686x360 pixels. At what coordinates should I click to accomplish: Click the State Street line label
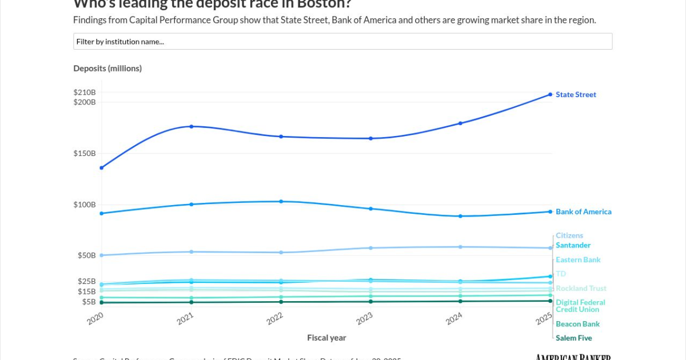point(576,95)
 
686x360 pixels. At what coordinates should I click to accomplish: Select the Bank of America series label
point(583,212)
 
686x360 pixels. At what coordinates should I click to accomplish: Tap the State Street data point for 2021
point(192,126)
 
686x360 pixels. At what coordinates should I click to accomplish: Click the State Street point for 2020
point(102,168)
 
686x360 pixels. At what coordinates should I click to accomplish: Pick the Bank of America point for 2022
point(281,202)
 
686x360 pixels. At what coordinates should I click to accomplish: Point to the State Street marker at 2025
point(550,94)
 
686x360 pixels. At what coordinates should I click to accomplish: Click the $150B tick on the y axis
point(85,154)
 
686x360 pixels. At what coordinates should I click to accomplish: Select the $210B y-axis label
point(85,93)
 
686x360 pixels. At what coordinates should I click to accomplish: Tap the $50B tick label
point(87,255)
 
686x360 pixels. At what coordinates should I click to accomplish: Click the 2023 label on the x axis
point(364,318)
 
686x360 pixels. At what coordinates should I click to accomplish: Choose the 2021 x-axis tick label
point(185,318)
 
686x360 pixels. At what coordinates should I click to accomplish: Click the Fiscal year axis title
point(326,338)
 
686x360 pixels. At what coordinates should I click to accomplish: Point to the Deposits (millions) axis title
point(107,69)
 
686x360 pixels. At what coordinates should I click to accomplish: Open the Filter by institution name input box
point(342,41)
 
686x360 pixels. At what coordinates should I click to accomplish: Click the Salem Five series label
point(573,338)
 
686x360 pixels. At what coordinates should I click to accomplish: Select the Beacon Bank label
point(577,324)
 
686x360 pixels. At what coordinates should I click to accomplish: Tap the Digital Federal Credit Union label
point(580,306)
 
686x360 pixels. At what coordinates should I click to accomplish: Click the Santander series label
point(573,245)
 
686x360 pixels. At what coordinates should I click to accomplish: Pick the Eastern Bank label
point(578,260)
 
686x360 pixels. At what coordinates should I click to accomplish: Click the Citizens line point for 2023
point(370,248)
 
